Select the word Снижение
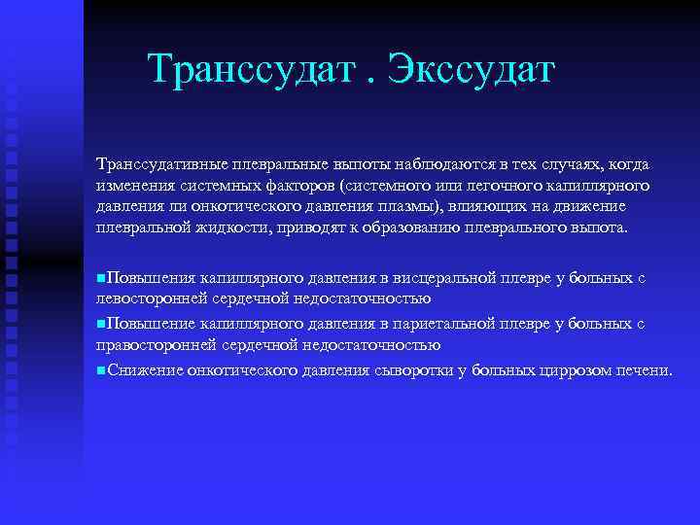point(143,369)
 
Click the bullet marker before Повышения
point(101,278)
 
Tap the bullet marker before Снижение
point(101,369)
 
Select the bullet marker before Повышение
point(101,323)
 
